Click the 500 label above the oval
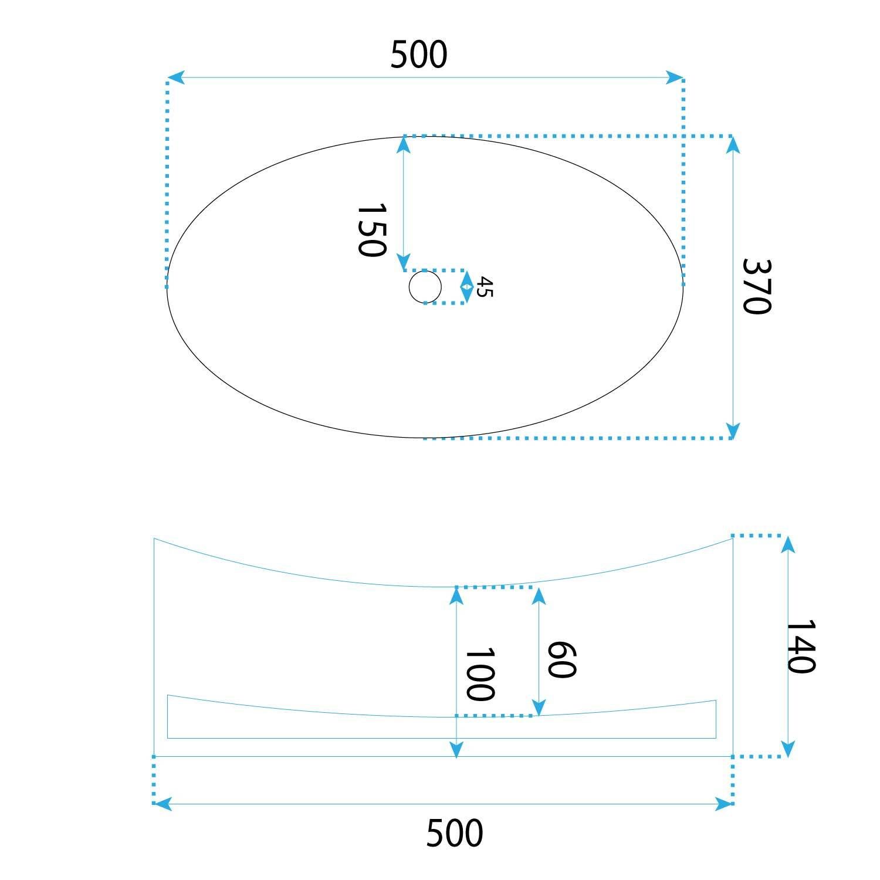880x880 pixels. pyautogui.click(x=419, y=55)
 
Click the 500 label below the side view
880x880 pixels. pyautogui.click(x=455, y=833)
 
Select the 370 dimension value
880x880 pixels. pyautogui.click(x=756, y=286)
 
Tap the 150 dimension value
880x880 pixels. pyautogui.click(x=371, y=230)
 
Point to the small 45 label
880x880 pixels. pyautogui.click(x=485, y=287)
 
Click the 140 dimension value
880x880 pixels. pyautogui.click(x=800, y=647)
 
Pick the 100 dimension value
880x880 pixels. pyautogui.click(x=479, y=675)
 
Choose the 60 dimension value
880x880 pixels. pyautogui.click(x=561, y=660)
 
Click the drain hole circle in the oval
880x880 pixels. pyautogui.click(x=425, y=287)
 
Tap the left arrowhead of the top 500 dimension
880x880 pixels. pyautogui.click(x=175, y=77)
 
